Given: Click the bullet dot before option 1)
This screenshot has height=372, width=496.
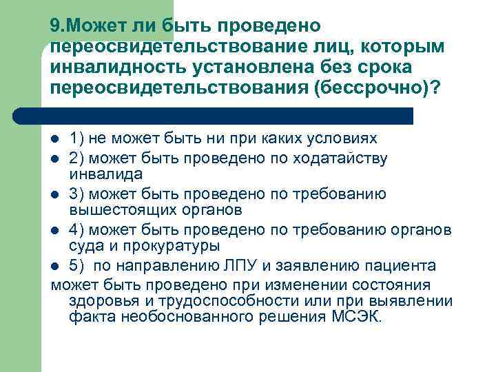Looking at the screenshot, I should point(56,138).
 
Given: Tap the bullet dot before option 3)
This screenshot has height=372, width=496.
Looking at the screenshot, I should point(56,195).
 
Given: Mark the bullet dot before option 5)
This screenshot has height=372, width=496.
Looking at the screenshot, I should point(56,266).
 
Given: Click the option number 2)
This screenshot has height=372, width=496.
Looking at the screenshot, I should point(77,159).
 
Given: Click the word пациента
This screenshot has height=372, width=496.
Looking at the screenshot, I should point(403,266).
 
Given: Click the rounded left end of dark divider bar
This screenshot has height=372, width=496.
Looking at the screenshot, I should point(19,116).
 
